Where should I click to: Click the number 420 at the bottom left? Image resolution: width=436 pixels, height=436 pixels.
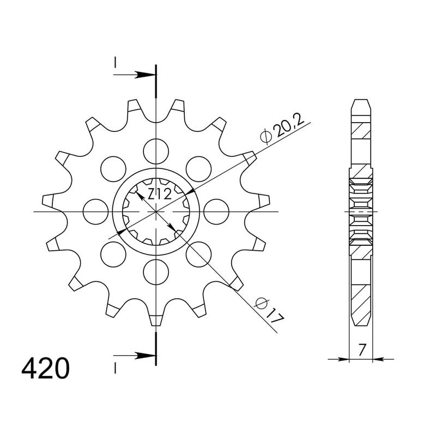(46, 369)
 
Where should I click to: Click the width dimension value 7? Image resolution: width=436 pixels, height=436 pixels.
(361, 349)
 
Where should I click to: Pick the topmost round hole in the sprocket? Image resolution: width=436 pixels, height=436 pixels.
(156, 150)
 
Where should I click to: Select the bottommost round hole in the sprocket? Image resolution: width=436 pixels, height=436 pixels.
(156, 271)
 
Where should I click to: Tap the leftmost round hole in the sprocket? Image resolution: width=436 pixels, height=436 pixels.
(96, 211)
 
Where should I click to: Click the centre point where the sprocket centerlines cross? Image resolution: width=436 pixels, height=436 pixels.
(156, 211)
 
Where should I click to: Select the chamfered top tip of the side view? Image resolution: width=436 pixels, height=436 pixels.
(361, 104)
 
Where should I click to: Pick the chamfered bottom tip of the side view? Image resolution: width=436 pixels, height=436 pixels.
(361, 321)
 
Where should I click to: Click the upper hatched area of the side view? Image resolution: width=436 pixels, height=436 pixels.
(361, 131)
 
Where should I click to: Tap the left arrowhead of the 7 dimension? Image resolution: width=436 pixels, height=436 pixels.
(344, 359)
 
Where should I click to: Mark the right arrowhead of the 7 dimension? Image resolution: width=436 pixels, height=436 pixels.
(378, 359)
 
